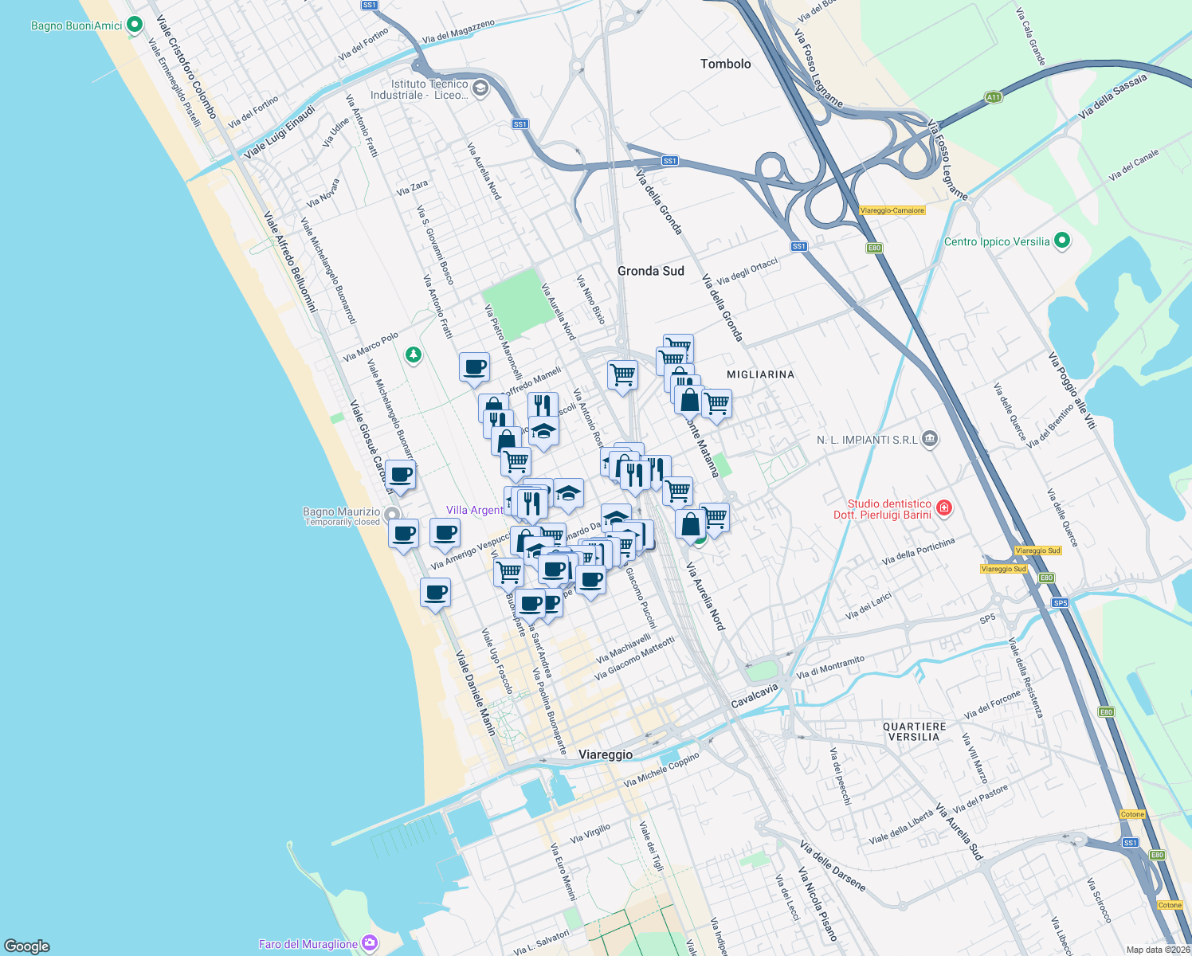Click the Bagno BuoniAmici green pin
[x=135, y=25]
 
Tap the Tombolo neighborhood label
[x=725, y=64]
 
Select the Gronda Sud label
[x=650, y=271]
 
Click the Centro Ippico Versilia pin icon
[x=1061, y=241]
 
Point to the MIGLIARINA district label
[x=760, y=374]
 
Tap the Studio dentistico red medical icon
[x=944, y=507]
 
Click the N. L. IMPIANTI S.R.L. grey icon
[x=929, y=439]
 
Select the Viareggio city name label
[x=606, y=754]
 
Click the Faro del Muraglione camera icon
[x=369, y=943]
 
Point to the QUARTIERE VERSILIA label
[x=914, y=732]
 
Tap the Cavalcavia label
[x=754, y=695]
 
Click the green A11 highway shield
[x=993, y=97]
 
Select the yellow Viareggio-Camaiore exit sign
[x=892, y=210]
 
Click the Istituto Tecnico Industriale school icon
[x=480, y=88]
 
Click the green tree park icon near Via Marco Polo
[x=413, y=354]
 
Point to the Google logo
[x=27, y=946]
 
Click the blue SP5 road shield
[x=1060, y=603]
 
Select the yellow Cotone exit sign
[x=1132, y=814]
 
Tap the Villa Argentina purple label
[x=475, y=511]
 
